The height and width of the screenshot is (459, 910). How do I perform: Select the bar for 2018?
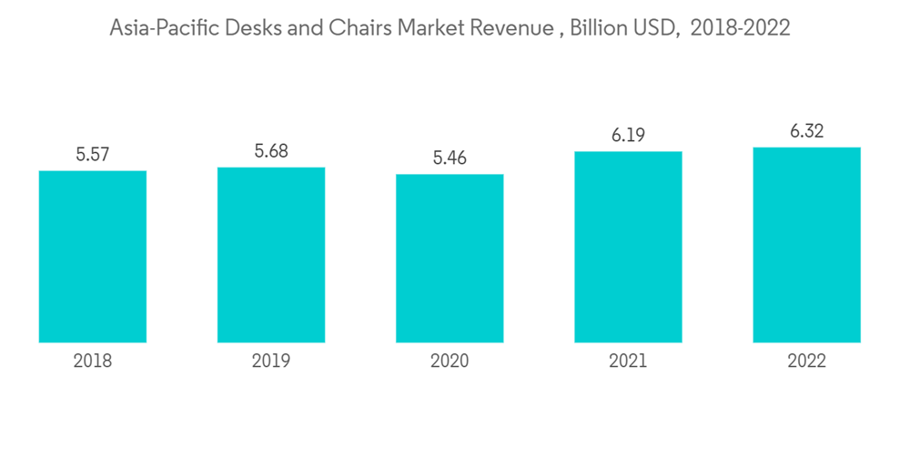[x=93, y=257]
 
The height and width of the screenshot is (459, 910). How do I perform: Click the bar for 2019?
[x=271, y=255]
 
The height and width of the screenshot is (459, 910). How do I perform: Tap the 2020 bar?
[x=450, y=259]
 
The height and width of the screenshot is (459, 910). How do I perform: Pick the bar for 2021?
[x=628, y=247]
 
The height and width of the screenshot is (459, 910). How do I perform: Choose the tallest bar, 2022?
[x=806, y=245]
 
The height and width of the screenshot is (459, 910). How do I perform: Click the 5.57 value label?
[x=93, y=155]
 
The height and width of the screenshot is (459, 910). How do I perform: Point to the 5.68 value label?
[x=271, y=151]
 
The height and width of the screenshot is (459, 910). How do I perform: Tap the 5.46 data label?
[x=450, y=158]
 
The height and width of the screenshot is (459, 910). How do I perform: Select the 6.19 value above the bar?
[x=628, y=136]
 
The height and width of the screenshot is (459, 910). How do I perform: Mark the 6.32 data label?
[x=806, y=131]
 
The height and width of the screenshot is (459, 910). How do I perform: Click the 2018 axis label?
[x=93, y=362]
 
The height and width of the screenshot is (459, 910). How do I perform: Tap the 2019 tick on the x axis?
[x=271, y=362]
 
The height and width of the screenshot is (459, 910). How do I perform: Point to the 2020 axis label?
[x=450, y=362]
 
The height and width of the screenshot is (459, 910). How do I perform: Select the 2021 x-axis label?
[x=628, y=362]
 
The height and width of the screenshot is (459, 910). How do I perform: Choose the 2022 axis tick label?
[x=806, y=362]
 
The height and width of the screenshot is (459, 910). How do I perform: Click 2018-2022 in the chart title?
[x=740, y=29]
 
